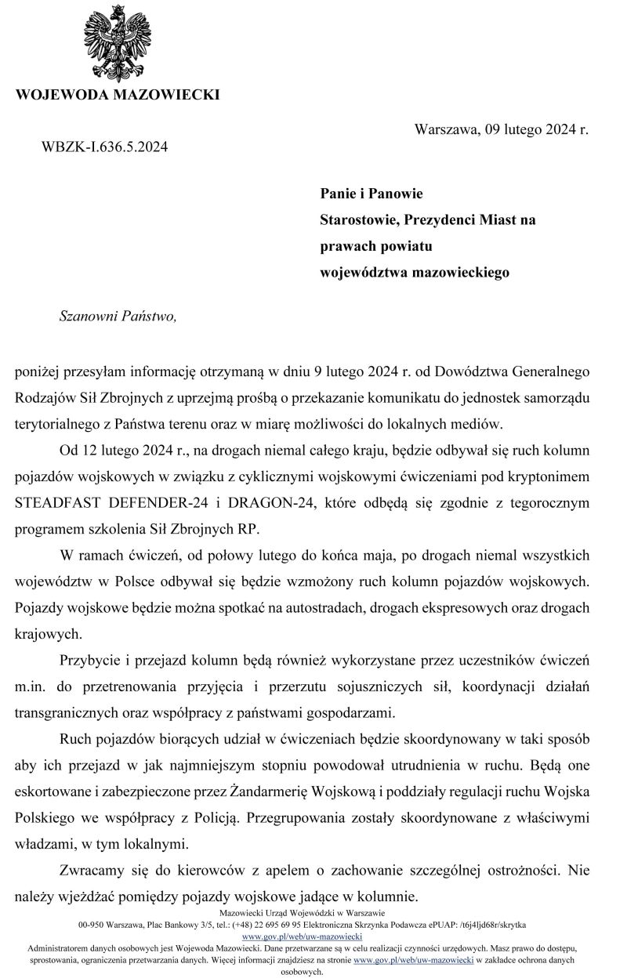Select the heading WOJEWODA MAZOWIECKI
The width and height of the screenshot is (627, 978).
118,96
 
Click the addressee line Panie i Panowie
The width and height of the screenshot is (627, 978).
371,193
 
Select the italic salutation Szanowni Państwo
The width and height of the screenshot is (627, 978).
118,316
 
